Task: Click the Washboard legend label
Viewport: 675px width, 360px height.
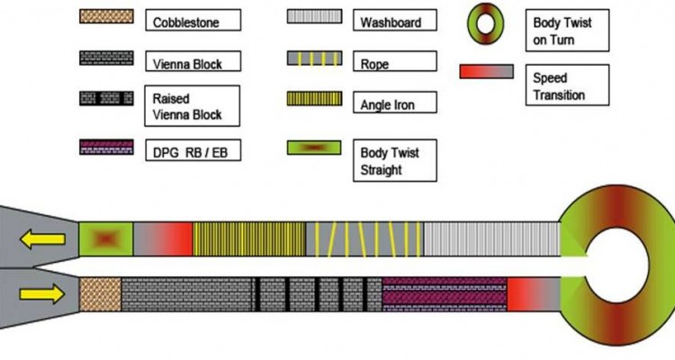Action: [389, 20]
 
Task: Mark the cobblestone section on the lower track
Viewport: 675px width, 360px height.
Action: [100, 294]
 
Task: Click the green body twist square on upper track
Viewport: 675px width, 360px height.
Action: [106, 240]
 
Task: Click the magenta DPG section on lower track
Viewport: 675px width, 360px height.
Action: [444, 294]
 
